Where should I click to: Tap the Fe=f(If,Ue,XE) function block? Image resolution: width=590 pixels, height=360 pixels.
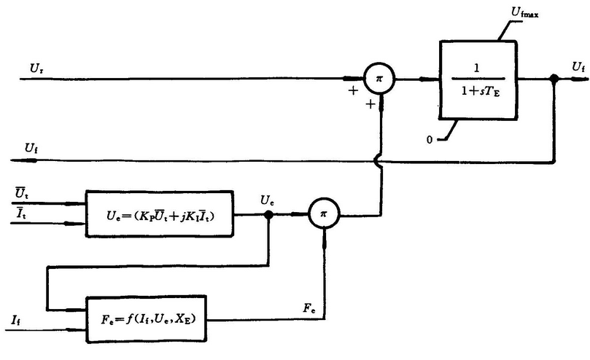(146, 318)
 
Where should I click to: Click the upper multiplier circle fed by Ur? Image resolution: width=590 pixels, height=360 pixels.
(379, 77)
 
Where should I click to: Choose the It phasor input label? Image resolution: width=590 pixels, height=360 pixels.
(22, 212)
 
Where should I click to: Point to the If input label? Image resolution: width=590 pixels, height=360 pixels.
(16, 318)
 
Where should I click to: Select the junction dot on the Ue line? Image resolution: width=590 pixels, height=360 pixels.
(268, 214)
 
